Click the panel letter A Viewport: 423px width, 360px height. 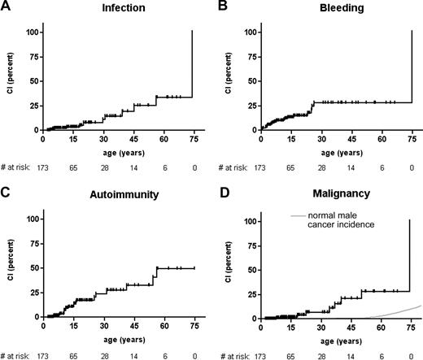(x=6, y=7)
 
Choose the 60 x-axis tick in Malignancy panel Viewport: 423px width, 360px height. (x=381, y=326)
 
